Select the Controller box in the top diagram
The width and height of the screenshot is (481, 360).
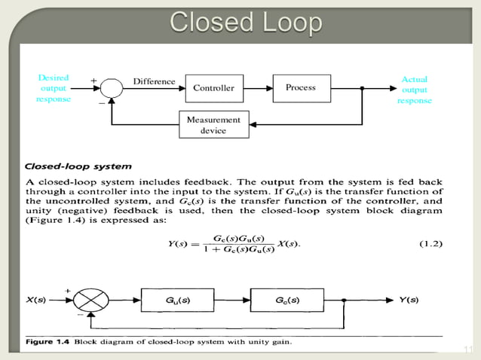pos(213,88)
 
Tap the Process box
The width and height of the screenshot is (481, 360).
pos(301,88)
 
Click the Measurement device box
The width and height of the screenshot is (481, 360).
pos(213,125)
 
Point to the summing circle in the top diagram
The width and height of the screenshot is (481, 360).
pos(112,88)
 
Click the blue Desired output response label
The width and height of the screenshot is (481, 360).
pos(54,88)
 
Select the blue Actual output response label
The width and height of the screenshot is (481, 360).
pos(414,90)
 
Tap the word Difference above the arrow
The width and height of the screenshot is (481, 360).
pos(154,81)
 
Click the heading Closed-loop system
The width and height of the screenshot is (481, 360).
pos(78,166)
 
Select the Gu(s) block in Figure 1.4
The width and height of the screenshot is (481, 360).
pos(178,300)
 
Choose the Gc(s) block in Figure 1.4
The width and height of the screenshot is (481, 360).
pos(287,300)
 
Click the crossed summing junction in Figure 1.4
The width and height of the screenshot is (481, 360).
pos(91,301)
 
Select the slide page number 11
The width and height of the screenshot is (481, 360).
pos(467,349)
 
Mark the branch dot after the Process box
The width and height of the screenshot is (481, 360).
pos(362,88)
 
